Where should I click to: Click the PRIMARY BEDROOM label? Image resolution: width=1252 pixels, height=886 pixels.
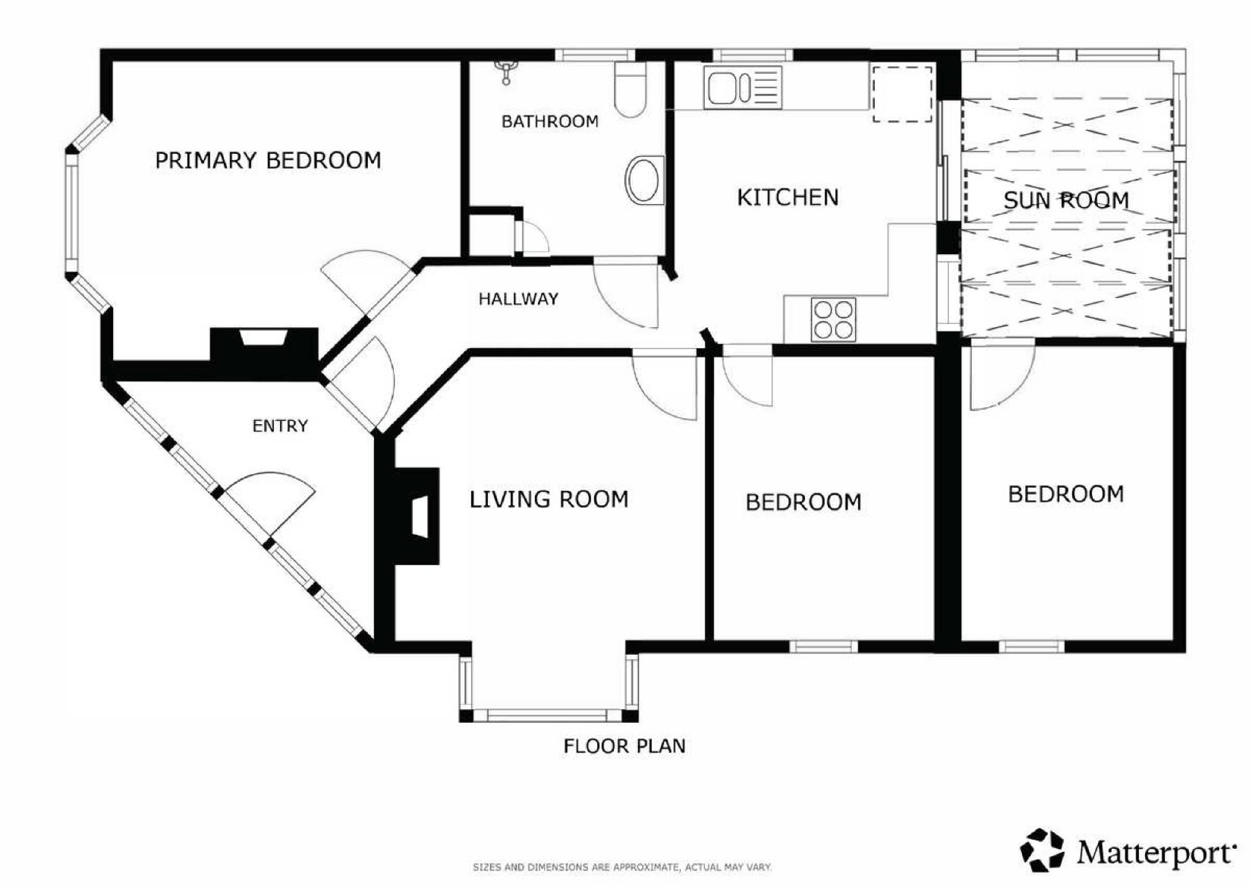point(268,160)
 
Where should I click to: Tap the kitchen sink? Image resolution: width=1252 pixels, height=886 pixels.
point(743,87)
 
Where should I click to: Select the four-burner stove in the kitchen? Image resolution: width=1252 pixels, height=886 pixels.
point(833,319)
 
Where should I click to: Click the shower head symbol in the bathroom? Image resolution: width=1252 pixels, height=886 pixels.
point(506,70)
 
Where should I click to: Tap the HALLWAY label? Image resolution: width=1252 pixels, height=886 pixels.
point(518,299)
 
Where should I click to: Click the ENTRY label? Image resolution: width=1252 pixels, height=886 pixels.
point(280,425)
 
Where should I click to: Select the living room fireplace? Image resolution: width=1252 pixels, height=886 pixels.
point(417,516)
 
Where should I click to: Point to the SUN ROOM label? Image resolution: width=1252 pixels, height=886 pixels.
point(1066,200)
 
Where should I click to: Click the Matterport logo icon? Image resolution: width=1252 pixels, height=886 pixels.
point(1042,850)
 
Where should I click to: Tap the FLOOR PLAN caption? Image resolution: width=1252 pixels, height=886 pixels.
point(624,746)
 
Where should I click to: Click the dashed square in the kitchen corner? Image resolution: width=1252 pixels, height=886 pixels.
point(902,94)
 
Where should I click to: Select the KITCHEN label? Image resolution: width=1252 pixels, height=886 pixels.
point(788,197)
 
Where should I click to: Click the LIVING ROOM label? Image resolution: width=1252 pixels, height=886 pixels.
point(549,499)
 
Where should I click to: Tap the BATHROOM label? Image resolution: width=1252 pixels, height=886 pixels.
point(550,121)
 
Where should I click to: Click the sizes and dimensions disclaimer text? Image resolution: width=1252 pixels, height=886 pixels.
point(622,867)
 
